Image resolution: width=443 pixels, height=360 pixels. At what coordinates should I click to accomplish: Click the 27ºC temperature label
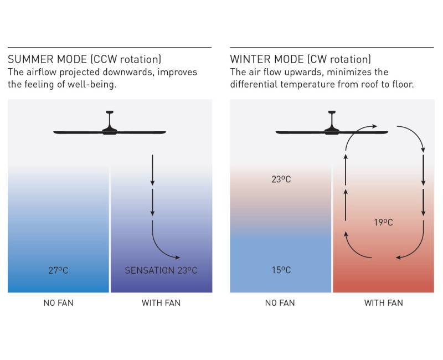(x=58, y=270)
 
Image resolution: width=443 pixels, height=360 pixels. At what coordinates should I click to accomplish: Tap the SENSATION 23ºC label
(x=161, y=270)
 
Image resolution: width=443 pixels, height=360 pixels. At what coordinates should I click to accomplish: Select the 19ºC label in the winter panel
(x=383, y=222)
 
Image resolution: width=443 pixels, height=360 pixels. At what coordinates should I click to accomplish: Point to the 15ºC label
(x=281, y=270)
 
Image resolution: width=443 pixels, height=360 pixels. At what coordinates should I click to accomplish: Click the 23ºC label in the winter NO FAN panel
(x=281, y=179)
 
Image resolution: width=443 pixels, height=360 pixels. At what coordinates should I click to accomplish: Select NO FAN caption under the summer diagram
(x=58, y=303)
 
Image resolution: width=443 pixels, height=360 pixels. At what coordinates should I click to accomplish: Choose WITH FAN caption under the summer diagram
(x=161, y=303)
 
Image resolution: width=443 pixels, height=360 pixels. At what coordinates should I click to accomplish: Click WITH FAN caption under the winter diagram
(x=383, y=303)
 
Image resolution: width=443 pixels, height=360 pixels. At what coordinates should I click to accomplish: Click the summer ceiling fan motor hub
(x=110, y=131)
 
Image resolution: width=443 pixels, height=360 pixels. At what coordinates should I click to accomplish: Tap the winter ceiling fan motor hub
(x=332, y=131)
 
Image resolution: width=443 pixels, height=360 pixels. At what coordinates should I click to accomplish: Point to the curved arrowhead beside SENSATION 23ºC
(x=177, y=257)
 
